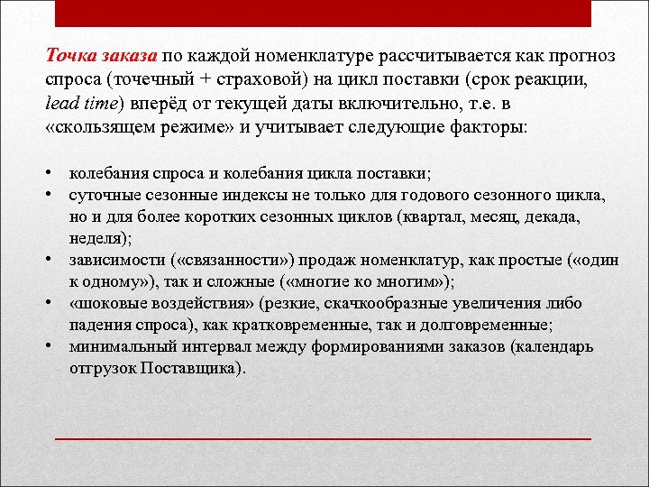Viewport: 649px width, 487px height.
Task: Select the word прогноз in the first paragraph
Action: (581, 56)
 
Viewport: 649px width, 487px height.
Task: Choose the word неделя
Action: (97, 238)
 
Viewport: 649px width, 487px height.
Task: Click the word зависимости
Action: (116, 260)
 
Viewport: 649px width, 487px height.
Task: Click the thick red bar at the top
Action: (324, 14)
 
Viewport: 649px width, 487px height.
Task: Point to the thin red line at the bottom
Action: (324, 438)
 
